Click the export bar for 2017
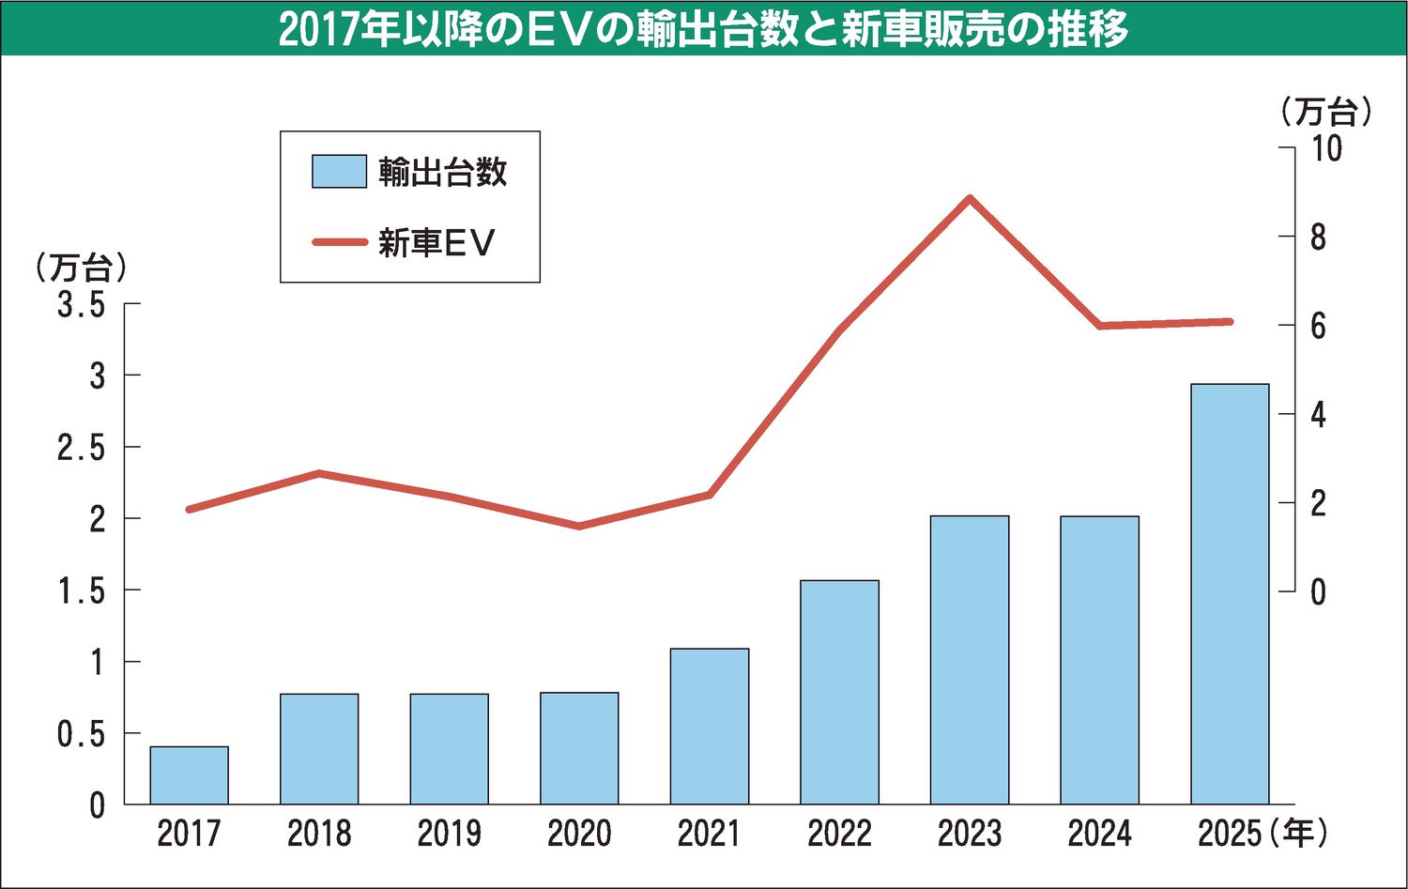coord(189,775)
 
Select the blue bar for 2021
coord(710,726)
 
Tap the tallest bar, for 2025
coord(1230,593)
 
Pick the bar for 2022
coord(839,692)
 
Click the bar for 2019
coord(449,748)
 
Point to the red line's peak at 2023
coord(970,198)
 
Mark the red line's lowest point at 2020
coord(579,526)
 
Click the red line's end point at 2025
coord(1229,322)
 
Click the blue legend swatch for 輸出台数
coord(339,172)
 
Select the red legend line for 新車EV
coord(339,242)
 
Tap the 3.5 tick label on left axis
coord(83,304)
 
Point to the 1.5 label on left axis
coord(83,590)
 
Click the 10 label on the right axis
coord(1325,148)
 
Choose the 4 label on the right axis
coord(1318,414)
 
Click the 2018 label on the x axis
coord(319,834)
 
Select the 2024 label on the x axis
coord(1099,834)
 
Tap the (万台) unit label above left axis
coord(81,268)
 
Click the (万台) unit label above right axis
coord(1325,113)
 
